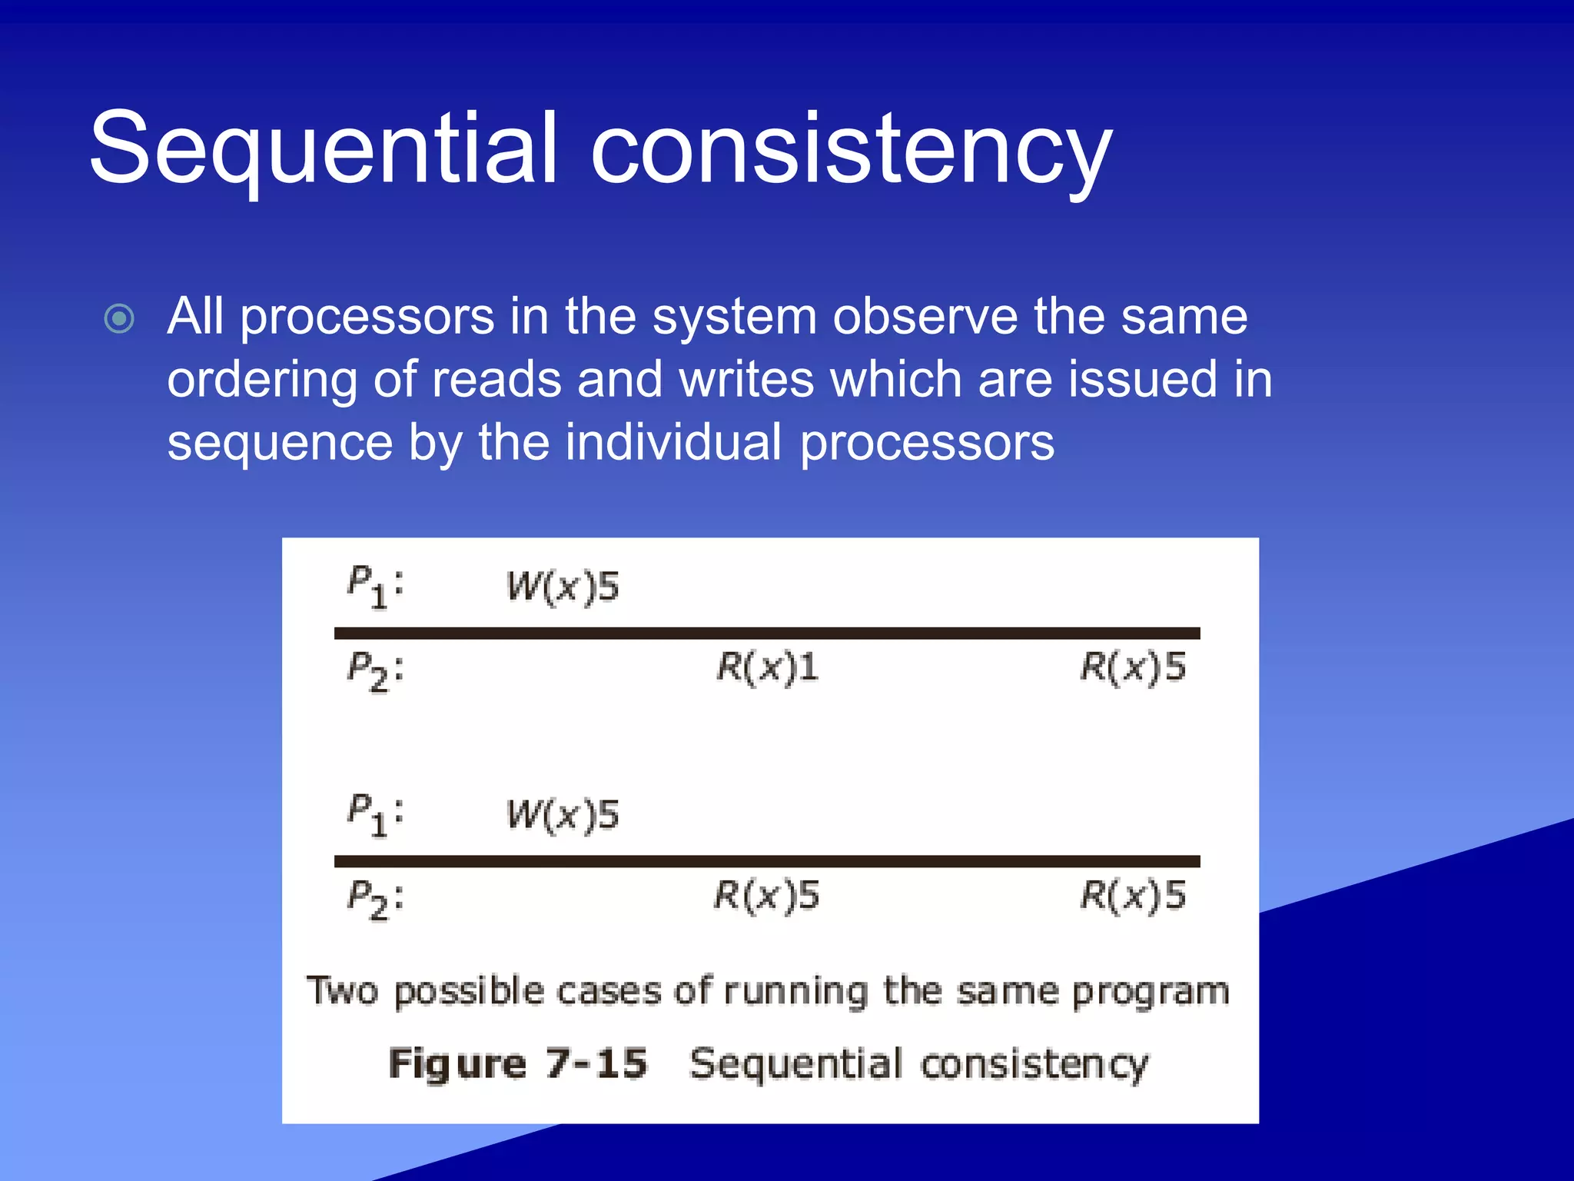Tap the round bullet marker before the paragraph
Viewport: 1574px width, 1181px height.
pyautogui.click(x=119, y=318)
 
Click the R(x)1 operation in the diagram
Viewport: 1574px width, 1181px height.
pyautogui.click(x=767, y=667)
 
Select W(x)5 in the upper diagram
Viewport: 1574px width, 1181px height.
pyautogui.click(x=563, y=587)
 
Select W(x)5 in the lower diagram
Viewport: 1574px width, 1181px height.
pyautogui.click(x=563, y=815)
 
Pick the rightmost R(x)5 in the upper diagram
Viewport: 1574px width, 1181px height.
pyautogui.click(x=1133, y=667)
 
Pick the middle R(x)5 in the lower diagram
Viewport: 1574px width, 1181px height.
pyautogui.click(x=767, y=896)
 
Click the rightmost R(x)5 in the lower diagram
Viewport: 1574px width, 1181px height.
pyautogui.click(x=1133, y=896)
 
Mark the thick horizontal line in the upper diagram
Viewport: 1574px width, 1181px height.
pyautogui.click(x=767, y=633)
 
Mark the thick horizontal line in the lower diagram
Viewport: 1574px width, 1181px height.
pyautogui.click(x=767, y=861)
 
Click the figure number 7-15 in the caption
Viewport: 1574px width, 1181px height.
pyautogui.click(x=596, y=1064)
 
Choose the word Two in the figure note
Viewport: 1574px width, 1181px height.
pyautogui.click(x=342, y=990)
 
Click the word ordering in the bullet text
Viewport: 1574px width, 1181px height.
pyautogui.click(x=261, y=381)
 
